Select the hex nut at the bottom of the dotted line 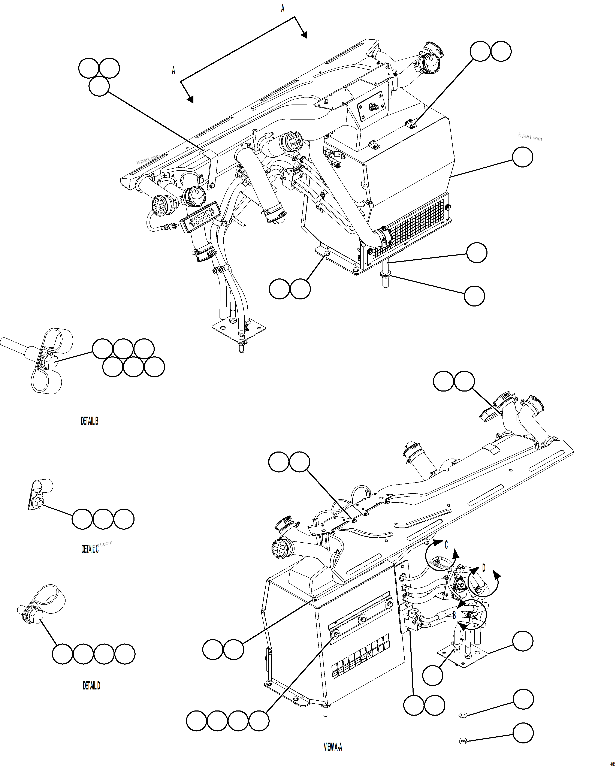(x=463, y=741)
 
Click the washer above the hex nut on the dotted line (x=463, y=715)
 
